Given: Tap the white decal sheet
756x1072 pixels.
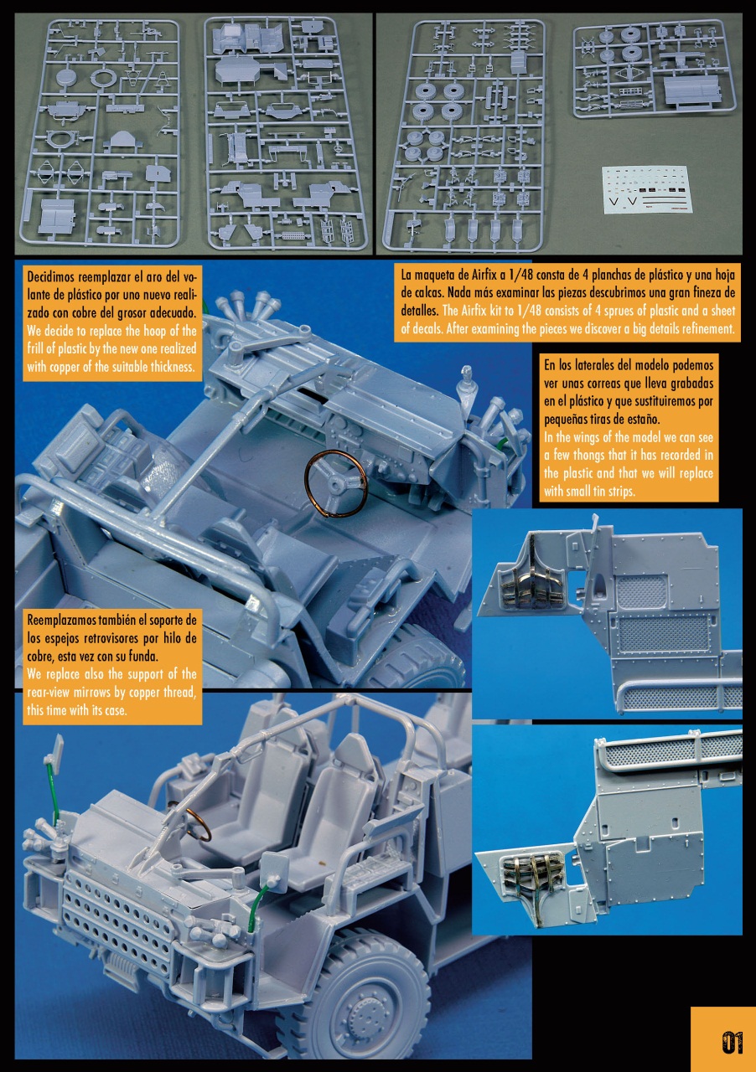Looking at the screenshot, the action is (x=645, y=189).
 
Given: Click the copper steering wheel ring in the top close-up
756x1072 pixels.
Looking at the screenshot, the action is (x=335, y=484).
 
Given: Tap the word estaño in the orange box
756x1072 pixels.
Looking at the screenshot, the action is (x=644, y=420).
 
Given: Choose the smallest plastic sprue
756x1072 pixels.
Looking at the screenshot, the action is (x=655, y=70).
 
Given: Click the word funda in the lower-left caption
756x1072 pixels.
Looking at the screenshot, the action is (x=115, y=656).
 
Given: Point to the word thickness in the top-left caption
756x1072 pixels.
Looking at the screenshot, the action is (x=170, y=367).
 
